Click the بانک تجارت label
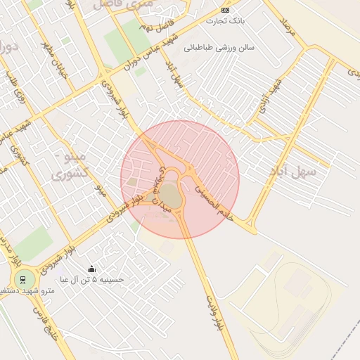225,21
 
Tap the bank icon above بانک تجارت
225,10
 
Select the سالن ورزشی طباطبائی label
219,49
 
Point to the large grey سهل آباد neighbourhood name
292,171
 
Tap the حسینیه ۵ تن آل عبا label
92,279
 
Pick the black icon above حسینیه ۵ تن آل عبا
91,269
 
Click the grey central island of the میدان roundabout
169,195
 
